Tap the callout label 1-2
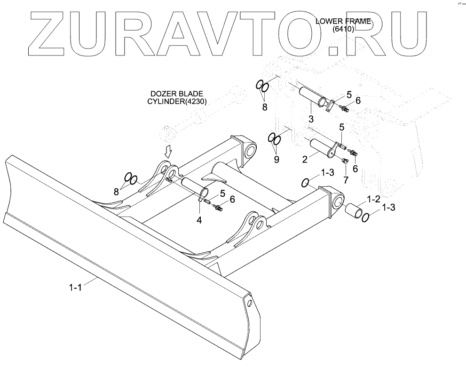pyautogui.click(x=373, y=200)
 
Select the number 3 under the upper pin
pyautogui.click(x=311, y=117)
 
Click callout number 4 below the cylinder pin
pyautogui.click(x=199, y=219)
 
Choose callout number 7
pyautogui.click(x=346, y=180)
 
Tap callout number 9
pyautogui.click(x=276, y=159)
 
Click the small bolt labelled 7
pyautogui.click(x=344, y=161)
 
